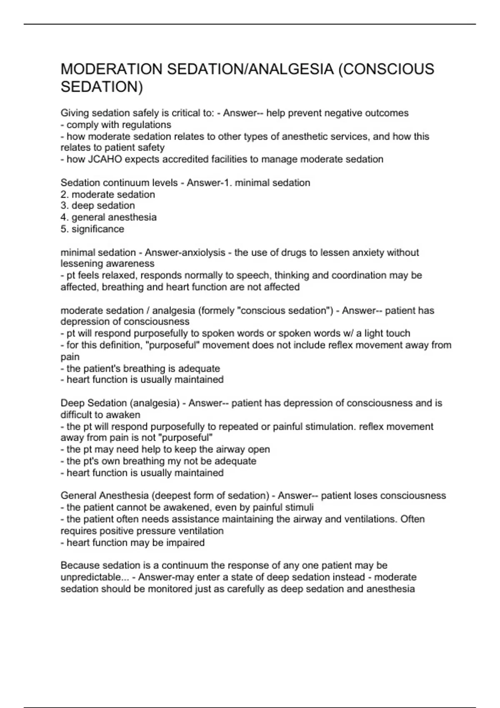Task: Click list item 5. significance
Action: [92, 229]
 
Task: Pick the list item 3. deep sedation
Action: [98, 206]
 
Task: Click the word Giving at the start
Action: [75, 113]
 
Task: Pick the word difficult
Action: [77, 415]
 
